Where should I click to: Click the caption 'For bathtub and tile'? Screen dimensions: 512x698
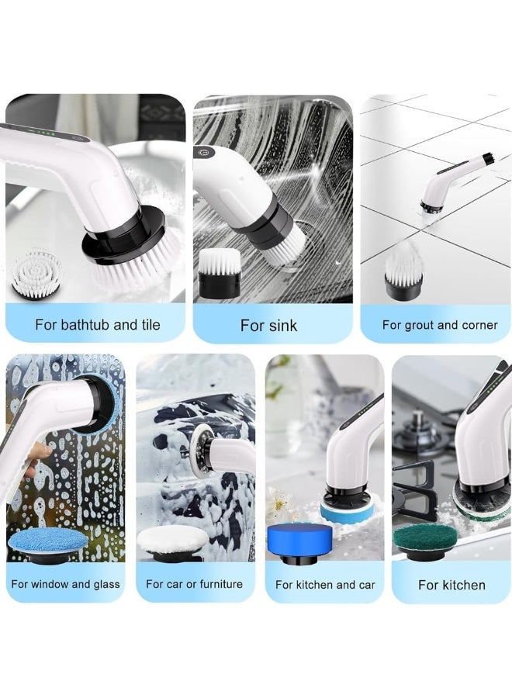pyautogui.click(x=98, y=324)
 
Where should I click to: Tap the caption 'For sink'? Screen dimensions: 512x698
pyautogui.click(x=268, y=326)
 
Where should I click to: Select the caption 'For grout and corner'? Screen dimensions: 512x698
pyautogui.click(x=440, y=325)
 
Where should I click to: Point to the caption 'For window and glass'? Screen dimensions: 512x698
pyautogui.click(x=65, y=584)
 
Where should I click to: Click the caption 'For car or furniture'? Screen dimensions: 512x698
pyautogui.click(x=194, y=584)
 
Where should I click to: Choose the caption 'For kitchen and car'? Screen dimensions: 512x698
pyautogui.click(x=325, y=585)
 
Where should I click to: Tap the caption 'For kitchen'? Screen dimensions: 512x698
pyautogui.click(x=451, y=585)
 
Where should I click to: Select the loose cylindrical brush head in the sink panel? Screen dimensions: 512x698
pyautogui.click(x=220, y=273)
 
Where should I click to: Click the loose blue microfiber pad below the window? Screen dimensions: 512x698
pyautogui.click(x=48, y=544)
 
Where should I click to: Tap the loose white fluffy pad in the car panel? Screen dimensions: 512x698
pyautogui.click(x=173, y=543)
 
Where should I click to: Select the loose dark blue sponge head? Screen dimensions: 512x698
pyautogui.click(x=299, y=543)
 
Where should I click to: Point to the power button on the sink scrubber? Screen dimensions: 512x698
pyautogui.click(x=204, y=152)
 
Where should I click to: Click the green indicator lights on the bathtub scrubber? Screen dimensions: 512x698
pyautogui.click(x=43, y=132)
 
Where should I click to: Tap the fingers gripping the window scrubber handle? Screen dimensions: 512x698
pyautogui.click(x=36, y=458)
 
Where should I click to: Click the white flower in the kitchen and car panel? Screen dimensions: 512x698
pyautogui.click(x=279, y=503)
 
